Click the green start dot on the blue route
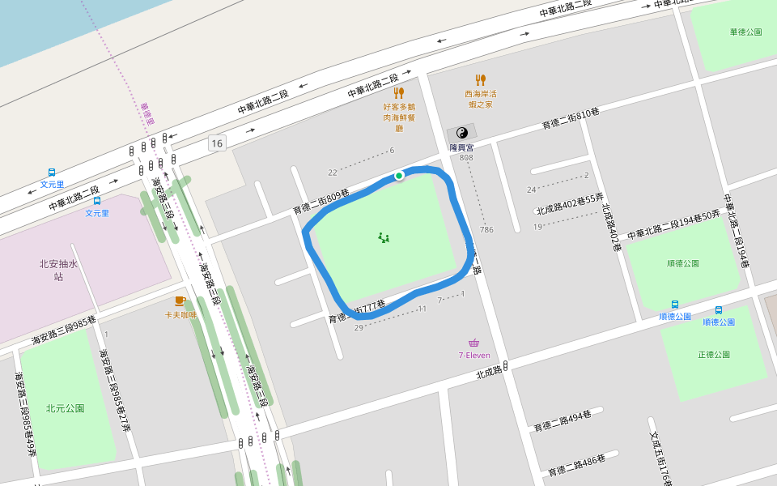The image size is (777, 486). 399,175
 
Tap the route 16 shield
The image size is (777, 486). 216,143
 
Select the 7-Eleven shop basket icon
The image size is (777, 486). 473,343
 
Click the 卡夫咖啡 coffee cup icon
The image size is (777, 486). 180,301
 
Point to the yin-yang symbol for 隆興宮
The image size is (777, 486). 462,133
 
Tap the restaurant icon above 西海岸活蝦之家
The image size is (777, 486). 480,79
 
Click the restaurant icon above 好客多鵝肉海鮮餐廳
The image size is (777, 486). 398,92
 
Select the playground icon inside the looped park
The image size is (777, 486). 384,237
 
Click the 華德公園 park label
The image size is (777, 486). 745,32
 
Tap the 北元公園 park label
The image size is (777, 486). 65,408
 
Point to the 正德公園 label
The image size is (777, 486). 714,355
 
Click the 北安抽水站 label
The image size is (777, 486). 58,270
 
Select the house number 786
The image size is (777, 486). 486,230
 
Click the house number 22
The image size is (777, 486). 332,173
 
